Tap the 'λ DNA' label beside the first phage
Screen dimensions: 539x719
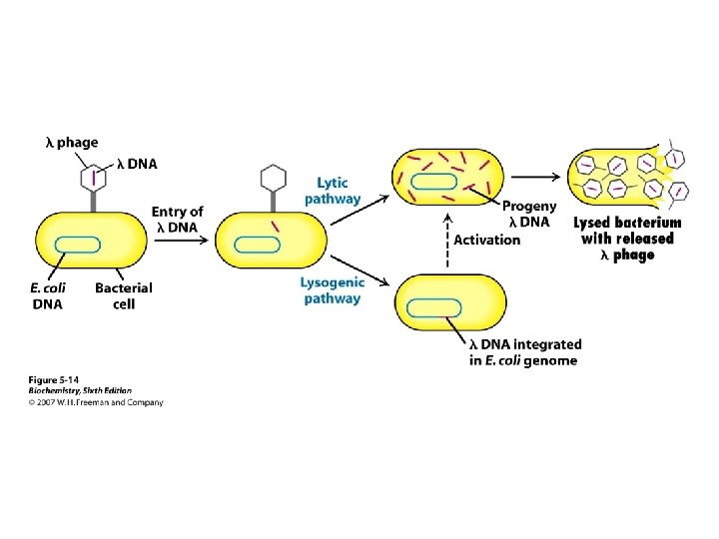pos(137,164)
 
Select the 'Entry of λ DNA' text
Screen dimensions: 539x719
pos(177,219)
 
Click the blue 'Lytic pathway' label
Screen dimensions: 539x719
pos(333,191)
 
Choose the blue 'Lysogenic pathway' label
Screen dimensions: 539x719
pos(333,289)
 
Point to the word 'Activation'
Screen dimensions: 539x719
pos(487,241)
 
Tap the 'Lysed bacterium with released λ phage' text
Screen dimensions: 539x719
pos(627,239)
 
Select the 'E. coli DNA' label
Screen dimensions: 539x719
pos(48,295)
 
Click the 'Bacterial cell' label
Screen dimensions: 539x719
pos(124,295)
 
